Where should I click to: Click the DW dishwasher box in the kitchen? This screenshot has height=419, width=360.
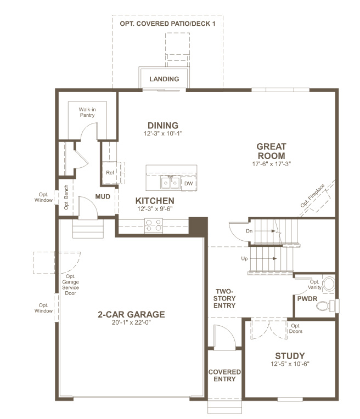click(188, 183)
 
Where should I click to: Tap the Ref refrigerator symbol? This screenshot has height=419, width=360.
click(110, 173)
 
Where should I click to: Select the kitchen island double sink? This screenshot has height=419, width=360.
click(170, 183)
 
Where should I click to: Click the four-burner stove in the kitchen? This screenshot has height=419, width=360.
click(154, 225)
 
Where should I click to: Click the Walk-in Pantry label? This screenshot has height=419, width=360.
click(87, 112)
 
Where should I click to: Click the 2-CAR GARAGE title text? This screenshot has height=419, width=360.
click(131, 314)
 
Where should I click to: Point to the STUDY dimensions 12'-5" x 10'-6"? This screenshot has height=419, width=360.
click(290, 364)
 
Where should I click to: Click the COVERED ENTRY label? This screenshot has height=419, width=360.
click(224, 375)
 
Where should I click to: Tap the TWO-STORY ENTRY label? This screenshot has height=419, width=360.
click(225, 299)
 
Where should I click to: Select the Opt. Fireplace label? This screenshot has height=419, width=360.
click(312, 196)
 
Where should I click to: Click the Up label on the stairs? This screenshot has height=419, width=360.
click(244, 258)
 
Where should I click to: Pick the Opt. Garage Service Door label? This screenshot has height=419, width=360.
click(70, 285)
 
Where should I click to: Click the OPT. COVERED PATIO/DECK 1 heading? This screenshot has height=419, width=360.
click(167, 23)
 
